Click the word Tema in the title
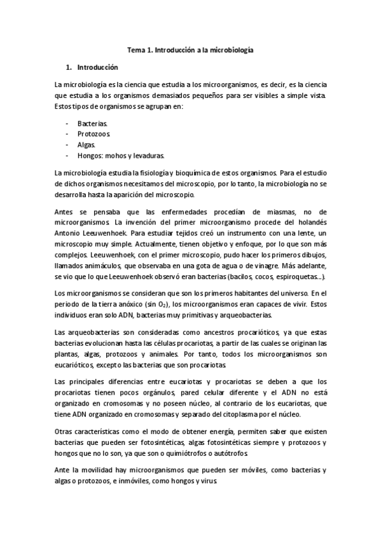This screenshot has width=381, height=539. [136, 49]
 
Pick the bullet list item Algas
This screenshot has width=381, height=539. [87, 145]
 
